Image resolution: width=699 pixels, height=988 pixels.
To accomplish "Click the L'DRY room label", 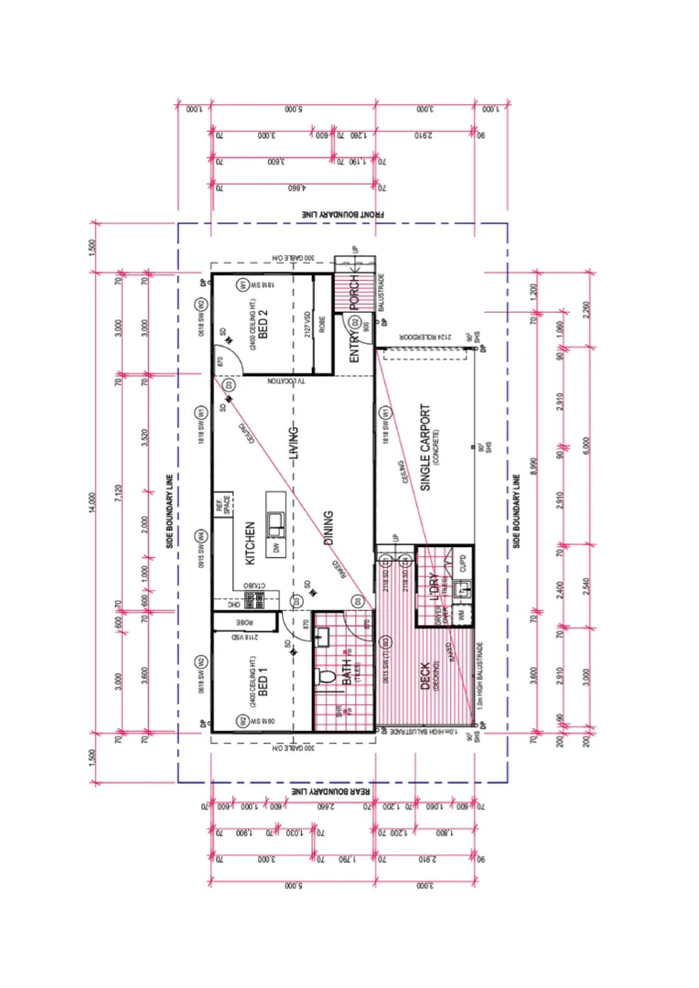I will [426, 585].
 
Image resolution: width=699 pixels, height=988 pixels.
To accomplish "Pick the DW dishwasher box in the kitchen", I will [274, 547].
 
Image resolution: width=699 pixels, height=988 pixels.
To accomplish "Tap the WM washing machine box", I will [463, 617].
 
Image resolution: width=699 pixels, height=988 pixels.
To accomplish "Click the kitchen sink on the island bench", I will [274, 522].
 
